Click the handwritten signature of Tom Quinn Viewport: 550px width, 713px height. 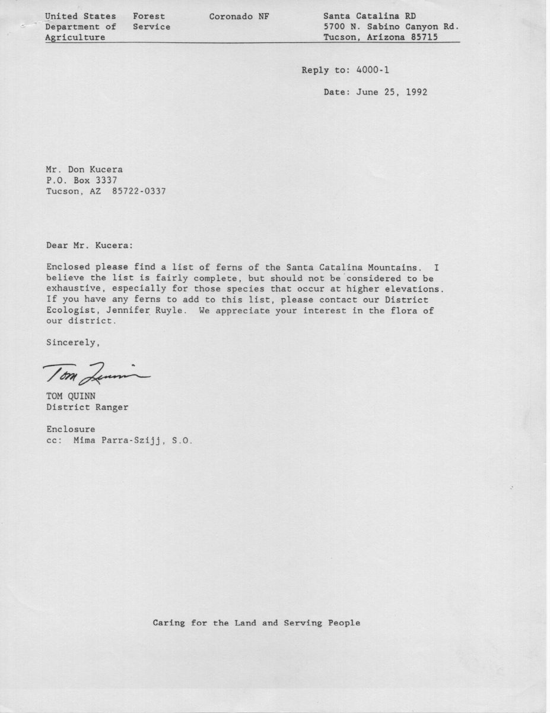pyautogui.click(x=97, y=373)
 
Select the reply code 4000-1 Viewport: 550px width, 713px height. pyautogui.click(x=373, y=70)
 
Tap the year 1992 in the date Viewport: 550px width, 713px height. pyautogui.click(x=417, y=92)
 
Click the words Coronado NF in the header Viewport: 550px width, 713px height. pyautogui.click(x=239, y=16)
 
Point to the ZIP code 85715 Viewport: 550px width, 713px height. pyautogui.click(x=425, y=37)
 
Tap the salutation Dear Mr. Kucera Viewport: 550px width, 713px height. pyautogui.click(x=90, y=245)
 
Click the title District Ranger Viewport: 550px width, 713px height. pyautogui.click(x=87, y=407)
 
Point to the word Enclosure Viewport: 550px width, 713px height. pyautogui.click(x=71, y=429)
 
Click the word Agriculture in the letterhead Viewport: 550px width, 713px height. pyautogui.click(x=75, y=37)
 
